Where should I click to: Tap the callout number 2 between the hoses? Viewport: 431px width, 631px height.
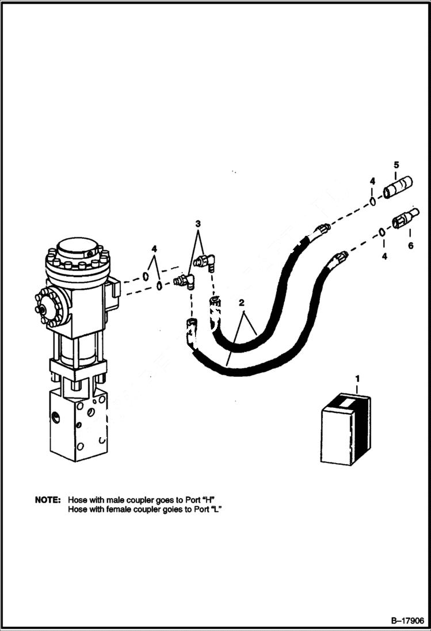242,302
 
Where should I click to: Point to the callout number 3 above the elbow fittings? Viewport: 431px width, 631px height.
197,223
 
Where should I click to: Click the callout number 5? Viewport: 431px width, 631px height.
396,166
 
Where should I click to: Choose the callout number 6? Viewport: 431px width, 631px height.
410,246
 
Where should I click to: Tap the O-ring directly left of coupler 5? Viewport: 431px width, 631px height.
373,201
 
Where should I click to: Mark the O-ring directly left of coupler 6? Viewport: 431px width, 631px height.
382,232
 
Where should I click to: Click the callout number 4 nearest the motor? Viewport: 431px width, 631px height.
154,248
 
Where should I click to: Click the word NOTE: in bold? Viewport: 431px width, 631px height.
47,500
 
